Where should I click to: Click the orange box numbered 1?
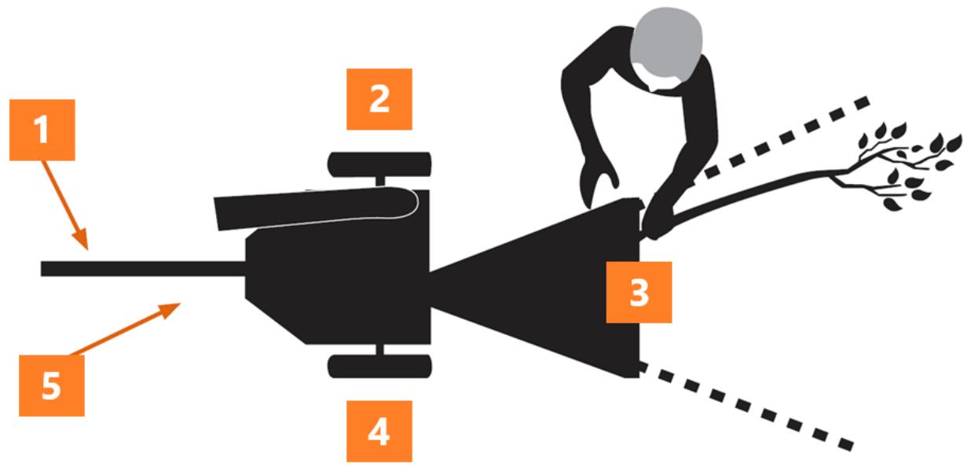pos(42,130)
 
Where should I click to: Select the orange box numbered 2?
pos(379,99)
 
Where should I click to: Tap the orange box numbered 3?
pos(639,292)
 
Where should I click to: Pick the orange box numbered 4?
pos(379,431)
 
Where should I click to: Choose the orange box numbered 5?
pos(52,386)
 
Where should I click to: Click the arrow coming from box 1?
pos(65,205)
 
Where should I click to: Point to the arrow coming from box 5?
pos(126,329)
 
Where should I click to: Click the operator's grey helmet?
pos(666,44)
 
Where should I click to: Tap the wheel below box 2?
pos(379,164)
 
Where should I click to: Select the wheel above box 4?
pos(379,367)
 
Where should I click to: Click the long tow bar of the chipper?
pos(143,268)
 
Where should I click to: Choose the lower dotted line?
pos(747,406)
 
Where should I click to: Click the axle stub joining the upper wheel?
pos(380,182)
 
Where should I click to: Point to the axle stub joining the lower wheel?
pos(380,349)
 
